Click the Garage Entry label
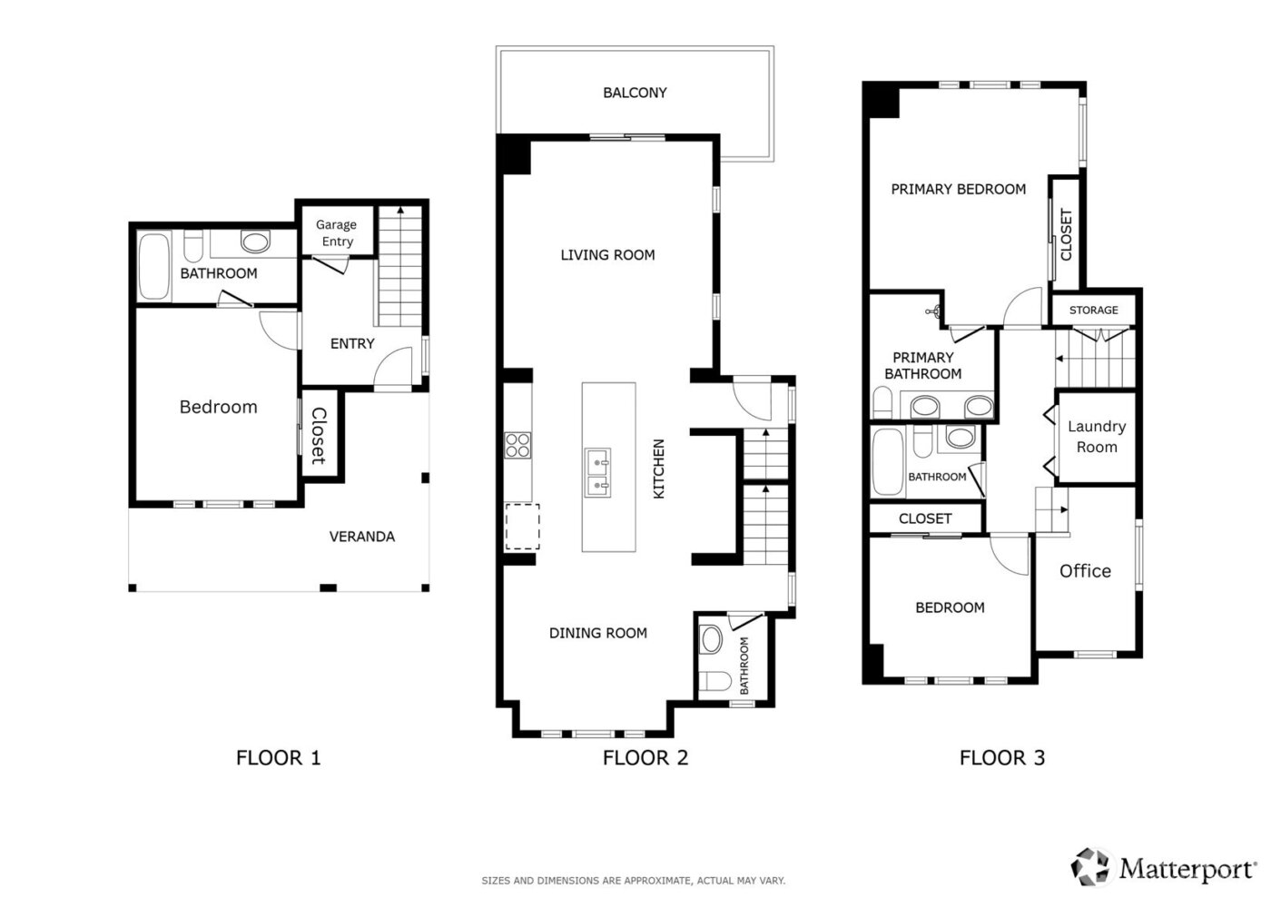[336, 233]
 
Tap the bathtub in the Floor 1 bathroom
[154, 267]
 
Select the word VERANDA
[361, 537]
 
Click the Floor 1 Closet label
[319, 435]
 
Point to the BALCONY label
[635, 93]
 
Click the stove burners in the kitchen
[517, 446]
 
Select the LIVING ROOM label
[607, 255]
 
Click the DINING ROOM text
[597, 633]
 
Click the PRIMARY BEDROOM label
[958, 189]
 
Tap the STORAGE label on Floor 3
[1093, 311]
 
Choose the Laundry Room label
[1096, 437]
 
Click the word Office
[1085, 571]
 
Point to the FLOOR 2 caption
[645, 757]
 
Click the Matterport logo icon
[1090, 867]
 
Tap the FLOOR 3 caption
[1002, 757]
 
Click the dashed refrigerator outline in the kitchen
[522, 527]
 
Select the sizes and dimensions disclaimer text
[633, 881]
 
